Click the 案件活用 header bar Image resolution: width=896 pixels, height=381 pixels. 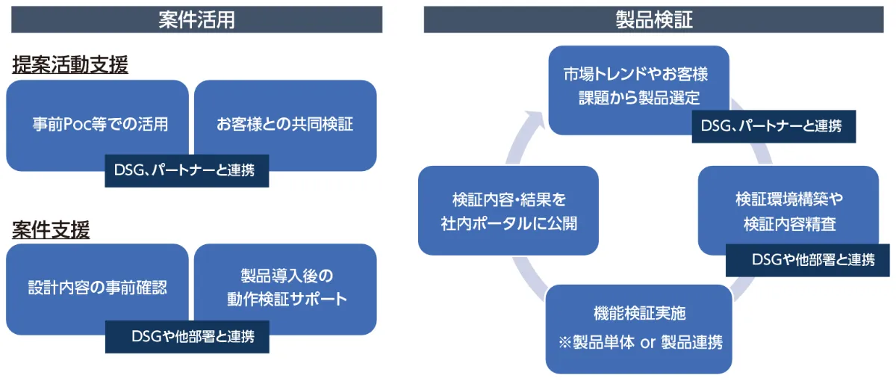pos(196,19)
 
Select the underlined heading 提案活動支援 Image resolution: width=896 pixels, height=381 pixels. pos(70,66)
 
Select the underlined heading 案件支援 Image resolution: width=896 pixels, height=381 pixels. pos(51,230)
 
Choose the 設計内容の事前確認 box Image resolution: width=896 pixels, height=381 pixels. pos(97,287)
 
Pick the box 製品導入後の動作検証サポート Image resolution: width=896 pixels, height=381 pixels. pos(285,287)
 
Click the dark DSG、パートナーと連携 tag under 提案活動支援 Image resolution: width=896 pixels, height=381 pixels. pos(187,170)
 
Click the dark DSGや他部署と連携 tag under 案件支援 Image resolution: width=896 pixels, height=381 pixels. pos(187,336)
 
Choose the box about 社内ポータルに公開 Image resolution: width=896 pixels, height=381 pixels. pos(508,211)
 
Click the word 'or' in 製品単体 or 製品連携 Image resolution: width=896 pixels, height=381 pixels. pos(647,343)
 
